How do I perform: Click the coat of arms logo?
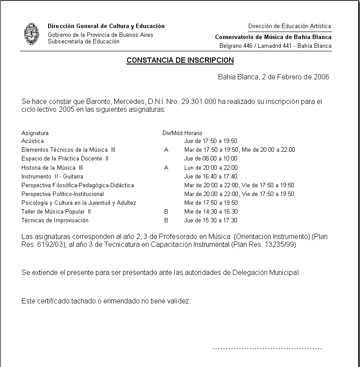tap(31, 34)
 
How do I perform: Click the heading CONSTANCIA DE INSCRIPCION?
tap(180, 61)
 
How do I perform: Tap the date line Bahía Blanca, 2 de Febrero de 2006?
tap(273, 77)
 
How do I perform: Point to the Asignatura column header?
tap(35, 133)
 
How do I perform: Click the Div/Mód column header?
tap(172, 133)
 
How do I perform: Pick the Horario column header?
tap(193, 133)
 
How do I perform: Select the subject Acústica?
tap(33, 141)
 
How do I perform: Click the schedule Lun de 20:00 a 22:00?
tap(211, 167)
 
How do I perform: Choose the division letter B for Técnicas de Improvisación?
tap(166, 221)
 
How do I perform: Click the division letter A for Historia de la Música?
tap(166, 167)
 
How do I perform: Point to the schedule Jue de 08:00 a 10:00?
tap(211, 159)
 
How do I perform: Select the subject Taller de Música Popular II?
tap(56, 212)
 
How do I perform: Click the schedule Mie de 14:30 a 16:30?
tap(211, 212)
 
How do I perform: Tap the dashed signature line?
tap(267, 349)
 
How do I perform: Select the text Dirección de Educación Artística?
tap(289, 26)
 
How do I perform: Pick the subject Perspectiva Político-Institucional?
tap(63, 194)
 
